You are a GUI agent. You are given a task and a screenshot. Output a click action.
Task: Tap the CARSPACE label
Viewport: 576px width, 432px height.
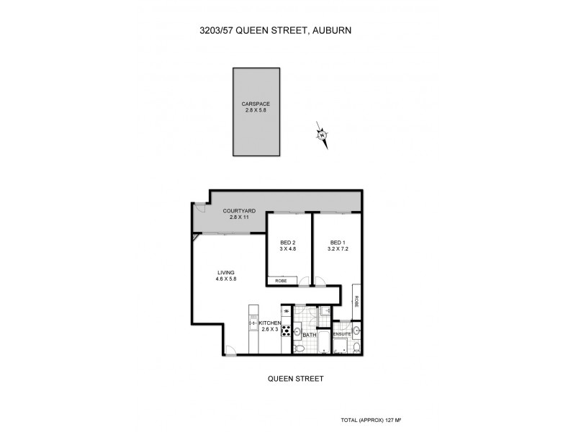click(255, 104)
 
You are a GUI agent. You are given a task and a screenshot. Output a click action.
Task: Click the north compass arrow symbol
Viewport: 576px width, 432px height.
click(323, 135)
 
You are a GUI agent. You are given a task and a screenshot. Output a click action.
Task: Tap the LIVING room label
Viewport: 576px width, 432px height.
click(226, 272)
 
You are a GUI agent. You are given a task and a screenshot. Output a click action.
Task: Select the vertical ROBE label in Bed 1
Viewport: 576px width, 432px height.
click(356, 301)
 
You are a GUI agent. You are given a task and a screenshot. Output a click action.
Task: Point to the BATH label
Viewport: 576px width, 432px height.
click(310, 335)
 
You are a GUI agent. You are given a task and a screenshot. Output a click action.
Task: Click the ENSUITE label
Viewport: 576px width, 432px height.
click(342, 334)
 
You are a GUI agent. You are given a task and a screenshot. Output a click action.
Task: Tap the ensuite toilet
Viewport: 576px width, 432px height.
click(354, 348)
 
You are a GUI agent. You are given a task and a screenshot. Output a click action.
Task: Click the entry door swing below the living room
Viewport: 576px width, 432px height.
click(229, 350)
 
